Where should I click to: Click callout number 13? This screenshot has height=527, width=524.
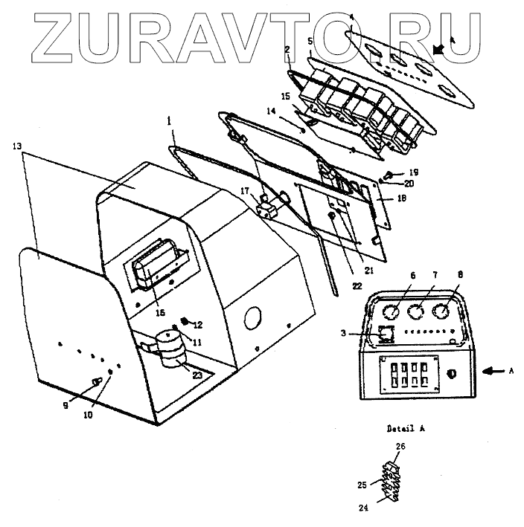(x=16, y=146)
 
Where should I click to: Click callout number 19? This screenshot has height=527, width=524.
(x=393, y=170)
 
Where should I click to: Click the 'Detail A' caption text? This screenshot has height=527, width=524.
(x=406, y=429)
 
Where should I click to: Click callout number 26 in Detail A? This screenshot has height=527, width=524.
(x=400, y=447)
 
